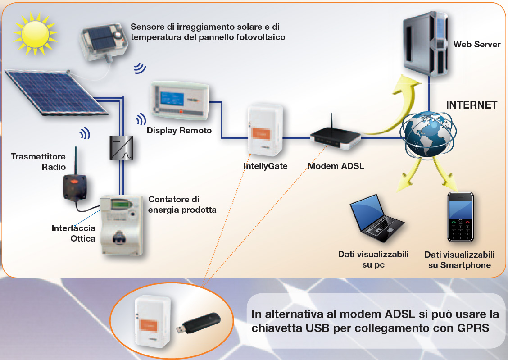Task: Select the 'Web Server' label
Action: click(x=477, y=45)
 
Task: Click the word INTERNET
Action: click(x=472, y=105)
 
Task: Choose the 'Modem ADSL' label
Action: click(x=336, y=166)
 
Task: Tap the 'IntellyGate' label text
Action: click(x=265, y=166)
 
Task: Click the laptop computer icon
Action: click(x=376, y=220)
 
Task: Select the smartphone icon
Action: click(x=460, y=217)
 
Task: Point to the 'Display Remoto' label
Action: click(x=179, y=131)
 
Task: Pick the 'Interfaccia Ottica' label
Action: click(x=73, y=233)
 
